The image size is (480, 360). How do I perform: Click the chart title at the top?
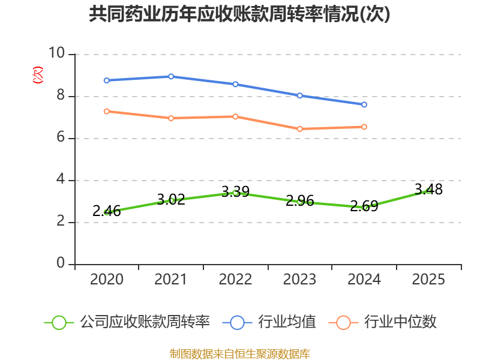tap(239, 14)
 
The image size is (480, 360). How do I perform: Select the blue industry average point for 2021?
tap(171, 76)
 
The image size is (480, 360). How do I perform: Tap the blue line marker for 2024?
tap(364, 104)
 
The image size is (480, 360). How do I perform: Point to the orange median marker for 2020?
tap(107, 112)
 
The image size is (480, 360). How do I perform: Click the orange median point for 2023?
tap(299, 129)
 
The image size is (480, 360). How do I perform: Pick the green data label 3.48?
tap(428, 190)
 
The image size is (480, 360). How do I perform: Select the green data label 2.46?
tap(107, 211)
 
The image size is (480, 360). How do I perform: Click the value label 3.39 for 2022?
tap(235, 192)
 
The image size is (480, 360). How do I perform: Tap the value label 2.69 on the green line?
tap(364, 206)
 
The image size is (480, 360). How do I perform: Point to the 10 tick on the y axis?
tap(57, 53)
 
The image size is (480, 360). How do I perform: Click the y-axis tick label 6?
tap(61, 137)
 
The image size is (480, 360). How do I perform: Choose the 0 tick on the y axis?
tap(61, 263)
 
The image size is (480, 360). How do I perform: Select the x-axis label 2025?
tap(428, 279)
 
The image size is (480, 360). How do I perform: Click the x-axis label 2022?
tap(235, 279)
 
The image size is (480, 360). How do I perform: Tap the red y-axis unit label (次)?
tap(38, 75)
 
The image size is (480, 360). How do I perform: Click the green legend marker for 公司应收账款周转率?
tap(59, 323)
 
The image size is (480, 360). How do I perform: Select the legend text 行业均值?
tap(287, 322)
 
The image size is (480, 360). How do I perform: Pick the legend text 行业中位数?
tap(400, 322)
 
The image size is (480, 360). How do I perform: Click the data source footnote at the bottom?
tap(240, 354)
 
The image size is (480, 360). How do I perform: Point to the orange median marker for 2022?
tap(235, 116)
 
